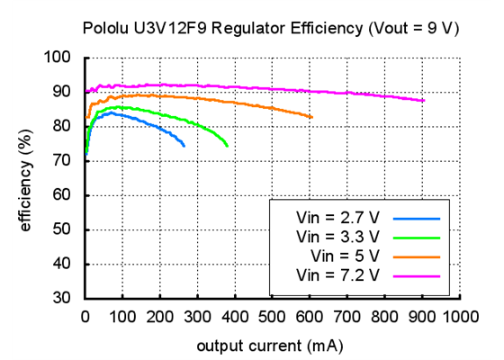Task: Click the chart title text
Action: point(271,28)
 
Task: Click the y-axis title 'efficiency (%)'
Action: point(26,177)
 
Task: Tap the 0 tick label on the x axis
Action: point(85,316)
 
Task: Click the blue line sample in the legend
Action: point(416,218)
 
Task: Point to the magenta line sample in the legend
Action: point(416,274)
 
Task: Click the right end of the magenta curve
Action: point(423,101)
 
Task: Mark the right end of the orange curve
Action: point(311,118)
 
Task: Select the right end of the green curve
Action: point(227,146)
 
